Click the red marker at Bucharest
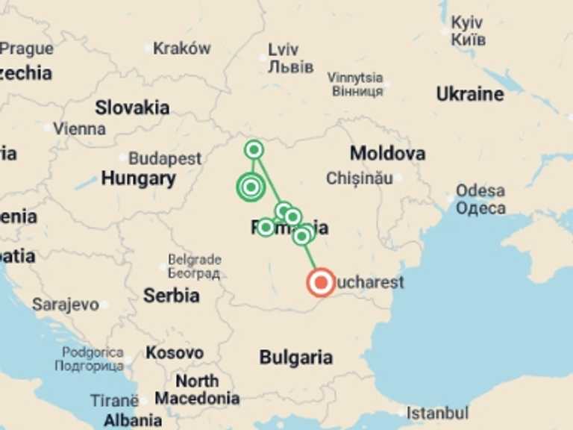pos(322,283)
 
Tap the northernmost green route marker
pos(254,150)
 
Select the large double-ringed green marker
pos(251,187)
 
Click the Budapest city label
pos(165,159)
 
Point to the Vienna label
pos(80,128)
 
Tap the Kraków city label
pos(182,49)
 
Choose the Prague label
pos(27,49)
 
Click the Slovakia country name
pos(132,107)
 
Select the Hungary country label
pos(139,178)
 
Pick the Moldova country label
pos(388,154)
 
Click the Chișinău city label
pos(360,178)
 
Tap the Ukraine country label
pos(469,94)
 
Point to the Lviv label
pos(284,50)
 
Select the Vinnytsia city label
pos(355,78)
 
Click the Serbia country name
pos(172,295)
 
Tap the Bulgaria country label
pos(296,358)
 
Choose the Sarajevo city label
pos(65,305)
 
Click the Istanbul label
pos(438,412)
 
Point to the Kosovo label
pos(175,352)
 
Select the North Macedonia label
pos(197,388)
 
